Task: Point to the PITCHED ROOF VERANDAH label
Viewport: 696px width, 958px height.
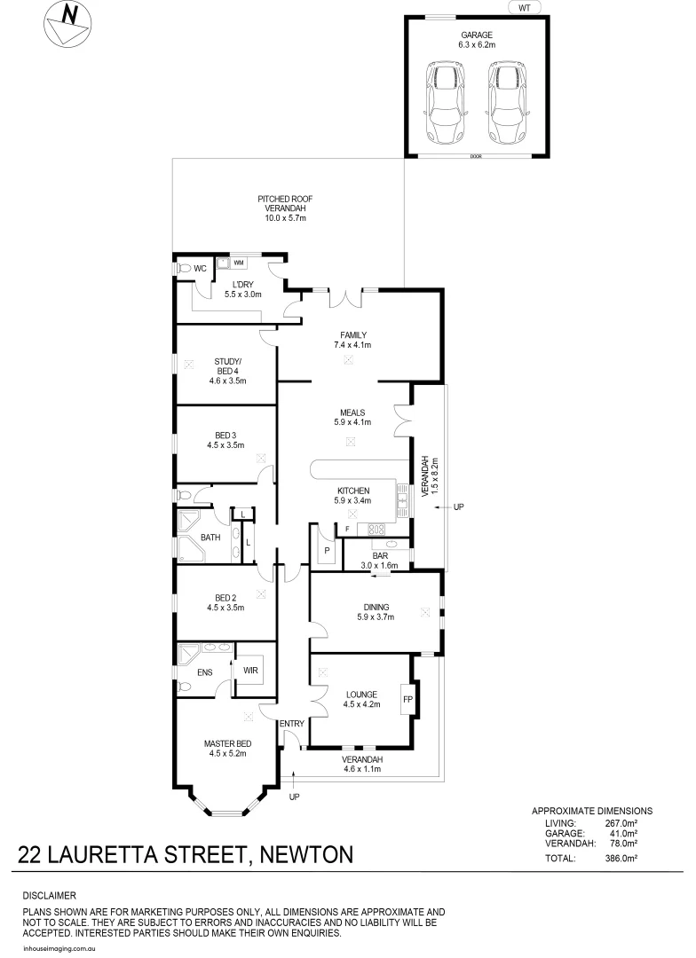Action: pyautogui.click(x=285, y=208)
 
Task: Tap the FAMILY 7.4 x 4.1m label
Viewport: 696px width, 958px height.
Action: pyautogui.click(x=352, y=340)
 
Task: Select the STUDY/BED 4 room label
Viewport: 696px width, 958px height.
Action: pyautogui.click(x=227, y=371)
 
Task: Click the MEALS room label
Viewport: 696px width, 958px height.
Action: pyautogui.click(x=352, y=417)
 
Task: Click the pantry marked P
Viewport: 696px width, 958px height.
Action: pyautogui.click(x=326, y=550)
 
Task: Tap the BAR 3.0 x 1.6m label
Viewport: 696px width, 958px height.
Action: pyautogui.click(x=379, y=560)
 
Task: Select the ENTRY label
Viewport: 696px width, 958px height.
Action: pyautogui.click(x=291, y=724)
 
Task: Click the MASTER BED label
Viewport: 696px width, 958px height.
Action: pyautogui.click(x=227, y=749)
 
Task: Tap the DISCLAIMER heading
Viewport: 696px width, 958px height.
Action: pyautogui.click(x=49, y=896)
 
